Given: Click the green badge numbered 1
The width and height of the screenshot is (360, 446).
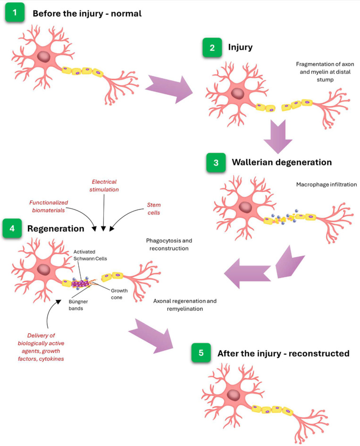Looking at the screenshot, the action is tap(15, 13).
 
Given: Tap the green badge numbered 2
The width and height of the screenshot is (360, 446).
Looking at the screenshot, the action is tap(212, 48).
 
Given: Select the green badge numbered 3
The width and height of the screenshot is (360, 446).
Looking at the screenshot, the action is tap(216, 162).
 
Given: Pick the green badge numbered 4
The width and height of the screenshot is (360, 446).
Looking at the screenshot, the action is tap(12, 228).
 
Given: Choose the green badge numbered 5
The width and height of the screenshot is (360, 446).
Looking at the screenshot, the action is tap(201, 353).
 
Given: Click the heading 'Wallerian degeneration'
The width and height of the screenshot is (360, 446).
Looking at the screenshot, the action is tap(282, 162).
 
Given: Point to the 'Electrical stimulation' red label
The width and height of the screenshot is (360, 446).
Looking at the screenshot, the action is tap(104, 185).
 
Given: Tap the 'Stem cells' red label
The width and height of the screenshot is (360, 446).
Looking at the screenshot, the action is tap(154, 209).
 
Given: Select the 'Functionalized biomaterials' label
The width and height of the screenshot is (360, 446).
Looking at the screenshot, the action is tap(49, 206).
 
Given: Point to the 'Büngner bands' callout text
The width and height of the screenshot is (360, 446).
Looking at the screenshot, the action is tap(78, 305).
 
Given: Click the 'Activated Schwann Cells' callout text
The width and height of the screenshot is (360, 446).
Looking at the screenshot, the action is tap(90, 255).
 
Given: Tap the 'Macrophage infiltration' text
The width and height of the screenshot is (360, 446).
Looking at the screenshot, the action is tap(327, 185).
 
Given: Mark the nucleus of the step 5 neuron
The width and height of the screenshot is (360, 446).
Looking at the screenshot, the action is tap(234, 396).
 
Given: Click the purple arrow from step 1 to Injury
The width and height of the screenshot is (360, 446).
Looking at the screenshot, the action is tap(169, 89).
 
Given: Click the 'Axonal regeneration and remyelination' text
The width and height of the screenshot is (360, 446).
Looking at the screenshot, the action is tap(185, 304).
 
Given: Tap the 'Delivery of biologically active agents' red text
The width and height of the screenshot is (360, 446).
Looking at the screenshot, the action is tap(41, 347).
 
